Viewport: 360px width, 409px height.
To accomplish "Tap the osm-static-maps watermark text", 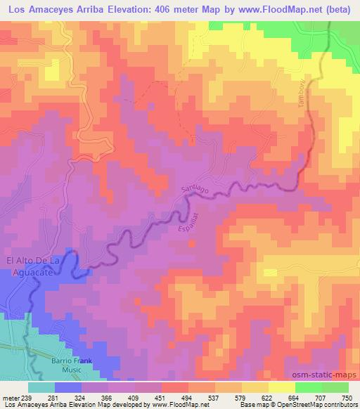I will click(324, 375).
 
